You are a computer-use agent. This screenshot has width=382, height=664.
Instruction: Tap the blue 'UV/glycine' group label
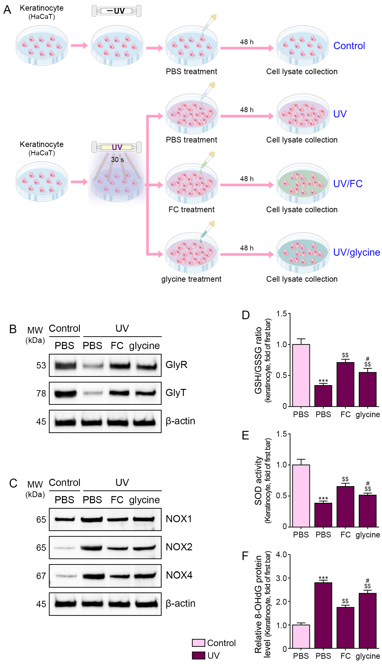coord(356,252)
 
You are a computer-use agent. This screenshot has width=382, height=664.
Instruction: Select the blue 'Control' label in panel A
coord(349,46)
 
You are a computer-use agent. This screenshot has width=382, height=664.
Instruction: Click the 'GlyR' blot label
coord(176,365)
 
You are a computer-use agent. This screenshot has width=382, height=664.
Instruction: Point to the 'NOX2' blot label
coord(179,547)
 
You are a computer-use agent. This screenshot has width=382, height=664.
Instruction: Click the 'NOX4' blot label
coord(179,575)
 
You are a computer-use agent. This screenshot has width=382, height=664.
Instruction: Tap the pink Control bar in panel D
coord(301,375)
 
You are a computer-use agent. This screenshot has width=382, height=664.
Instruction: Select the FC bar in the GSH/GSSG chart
coord(345,384)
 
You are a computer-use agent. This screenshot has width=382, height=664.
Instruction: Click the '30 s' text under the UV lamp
coord(117,160)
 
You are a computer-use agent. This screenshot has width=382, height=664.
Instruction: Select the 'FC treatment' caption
coord(191,209)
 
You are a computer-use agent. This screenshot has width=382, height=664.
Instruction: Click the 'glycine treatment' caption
coord(191,279)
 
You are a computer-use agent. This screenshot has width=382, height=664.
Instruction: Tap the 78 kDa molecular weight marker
coord(41,393)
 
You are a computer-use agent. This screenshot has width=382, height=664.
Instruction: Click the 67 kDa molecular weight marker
coord(41,576)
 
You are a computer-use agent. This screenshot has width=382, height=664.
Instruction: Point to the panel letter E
coord(245,435)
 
